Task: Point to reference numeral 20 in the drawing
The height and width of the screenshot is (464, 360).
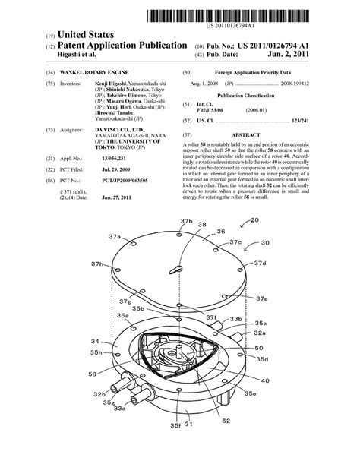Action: pos(274,241)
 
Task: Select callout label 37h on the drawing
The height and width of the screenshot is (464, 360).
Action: pos(99,264)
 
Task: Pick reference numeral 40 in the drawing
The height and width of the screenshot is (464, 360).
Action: pos(265,380)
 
